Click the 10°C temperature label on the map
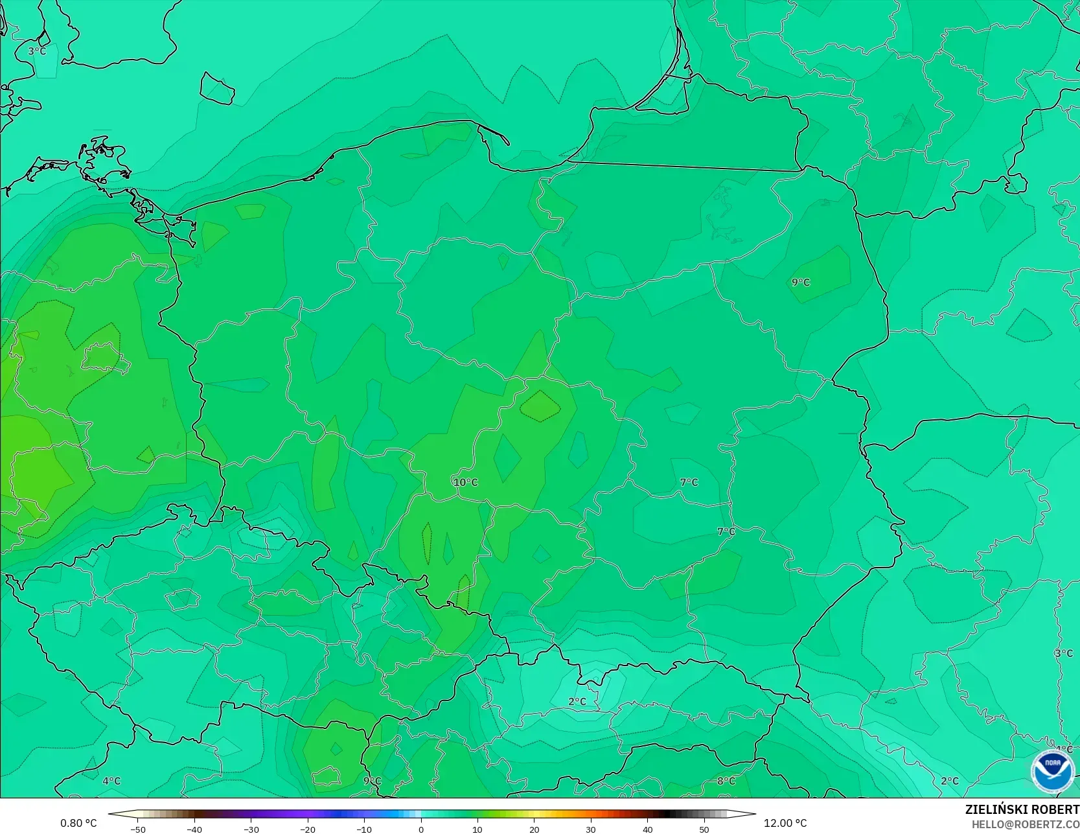point(465,482)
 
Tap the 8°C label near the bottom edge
point(726,781)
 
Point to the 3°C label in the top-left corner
point(37,51)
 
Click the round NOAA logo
point(1052,772)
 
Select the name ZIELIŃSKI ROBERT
point(1022,810)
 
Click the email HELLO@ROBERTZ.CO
point(1025,824)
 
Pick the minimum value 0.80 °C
point(78,823)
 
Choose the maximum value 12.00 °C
point(785,823)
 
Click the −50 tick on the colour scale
point(137,829)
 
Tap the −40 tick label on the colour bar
point(194,829)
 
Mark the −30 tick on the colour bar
point(251,829)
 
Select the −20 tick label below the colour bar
point(308,829)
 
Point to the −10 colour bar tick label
point(364,829)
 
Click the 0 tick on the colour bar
point(421,829)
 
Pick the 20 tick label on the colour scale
point(534,829)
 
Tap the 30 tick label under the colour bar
point(591,829)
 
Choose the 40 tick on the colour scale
point(648,829)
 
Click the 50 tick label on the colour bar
point(704,829)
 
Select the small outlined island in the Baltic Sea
point(216,88)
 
